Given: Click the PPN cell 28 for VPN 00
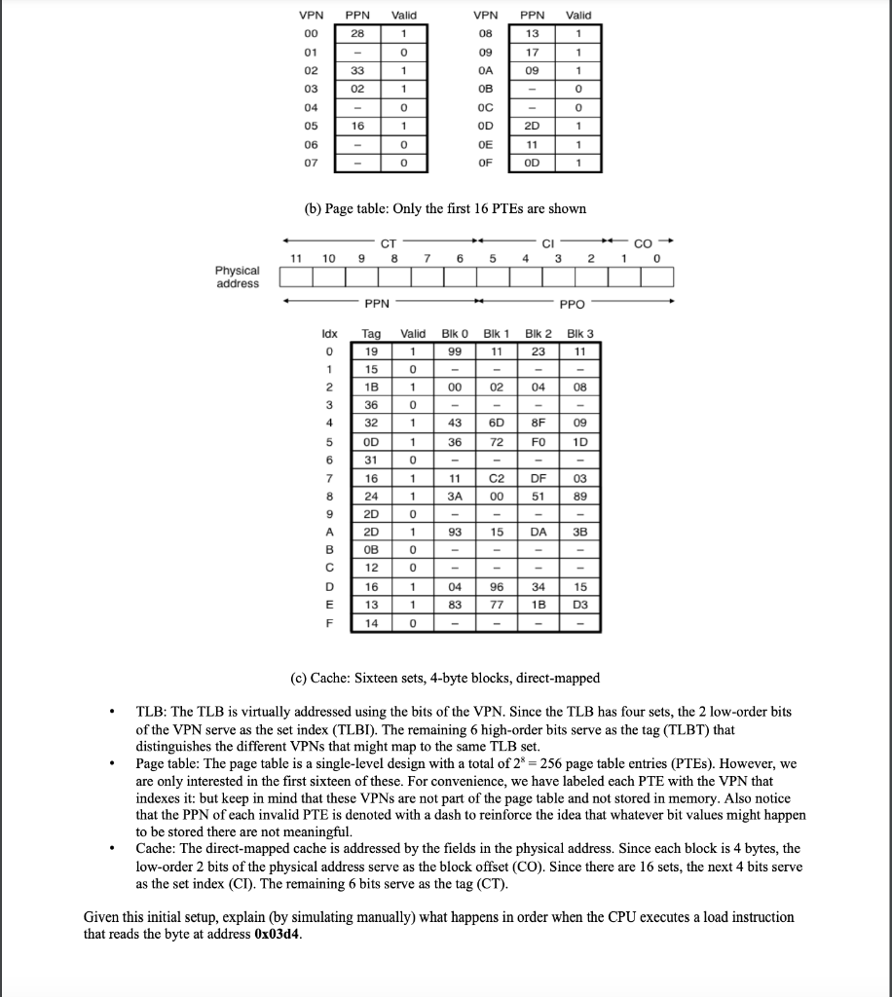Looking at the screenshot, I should pyautogui.click(x=358, y=33).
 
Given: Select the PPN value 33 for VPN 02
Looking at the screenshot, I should pyautogui.click(x=358, y=70).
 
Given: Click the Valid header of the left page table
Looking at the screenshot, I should pyautogui.click(x=403, y=15).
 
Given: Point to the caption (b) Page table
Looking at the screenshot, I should pyautogui.click(x=446, y=208).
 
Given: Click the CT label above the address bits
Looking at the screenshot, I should pyautogui.click(x=388, y=242).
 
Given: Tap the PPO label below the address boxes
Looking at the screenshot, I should pyautogui.click(x=572, y=303).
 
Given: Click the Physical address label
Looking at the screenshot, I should pyautogui.click(x=238, y=277).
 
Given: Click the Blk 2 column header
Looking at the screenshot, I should pyautogui.click(x=539, y=334).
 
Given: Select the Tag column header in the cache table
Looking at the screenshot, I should pyautogui.click(x=371, y=334).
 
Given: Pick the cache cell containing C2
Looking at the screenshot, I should pyautogui.click(x=497, y=477).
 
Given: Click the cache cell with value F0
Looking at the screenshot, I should pyautogui.click(x=539, y=441).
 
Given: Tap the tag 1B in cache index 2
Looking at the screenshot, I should pyautogui.click(x=371, y=387).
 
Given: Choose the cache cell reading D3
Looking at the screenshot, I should pyautogui.click(x=580, y=603).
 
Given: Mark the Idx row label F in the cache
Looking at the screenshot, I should pyautogui.click(x=329, y=621).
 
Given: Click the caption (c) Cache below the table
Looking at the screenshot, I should pyautogui.click(x=446, y=678).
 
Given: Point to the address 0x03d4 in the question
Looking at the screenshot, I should pyautogui.click(x=279, y=935).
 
